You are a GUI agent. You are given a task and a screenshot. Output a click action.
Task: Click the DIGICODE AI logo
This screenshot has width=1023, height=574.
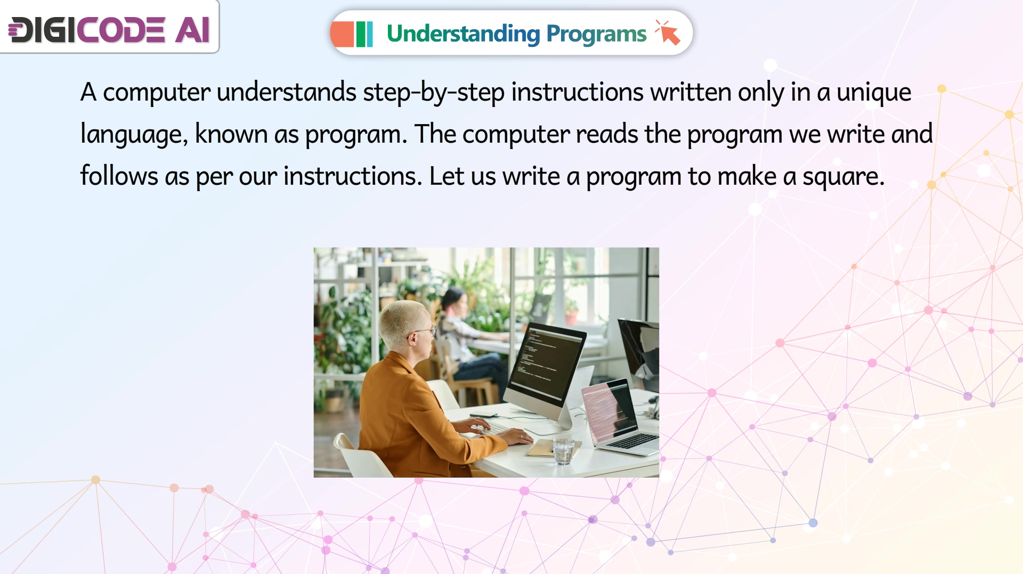(x=109, y=29)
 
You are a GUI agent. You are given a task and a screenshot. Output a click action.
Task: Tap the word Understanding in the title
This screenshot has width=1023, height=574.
(x=463, y=34)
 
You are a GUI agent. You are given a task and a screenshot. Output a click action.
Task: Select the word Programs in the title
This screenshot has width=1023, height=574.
(x=596, y=34)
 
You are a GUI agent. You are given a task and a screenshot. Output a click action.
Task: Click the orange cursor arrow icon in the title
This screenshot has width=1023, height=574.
(x=668, y=33)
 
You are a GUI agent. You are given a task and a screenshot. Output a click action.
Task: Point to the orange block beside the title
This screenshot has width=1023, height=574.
(x=342, y=34)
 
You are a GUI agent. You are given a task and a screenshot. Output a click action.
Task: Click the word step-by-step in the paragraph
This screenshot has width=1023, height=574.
(x=434, y=93)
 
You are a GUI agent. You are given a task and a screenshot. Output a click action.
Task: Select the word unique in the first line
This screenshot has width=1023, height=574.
(x=874, y=93)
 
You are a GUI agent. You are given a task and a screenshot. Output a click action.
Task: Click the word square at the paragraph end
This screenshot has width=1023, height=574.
(x=843, y=177)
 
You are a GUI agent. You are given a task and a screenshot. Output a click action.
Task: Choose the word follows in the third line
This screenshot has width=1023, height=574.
(x=119, y=176)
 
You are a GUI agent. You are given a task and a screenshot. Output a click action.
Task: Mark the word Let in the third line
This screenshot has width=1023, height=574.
(x=446, y=176)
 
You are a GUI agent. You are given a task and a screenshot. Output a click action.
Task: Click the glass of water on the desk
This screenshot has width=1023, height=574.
(x=563, y=450)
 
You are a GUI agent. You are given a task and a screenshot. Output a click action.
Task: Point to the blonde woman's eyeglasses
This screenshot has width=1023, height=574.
(x=425, y=332)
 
